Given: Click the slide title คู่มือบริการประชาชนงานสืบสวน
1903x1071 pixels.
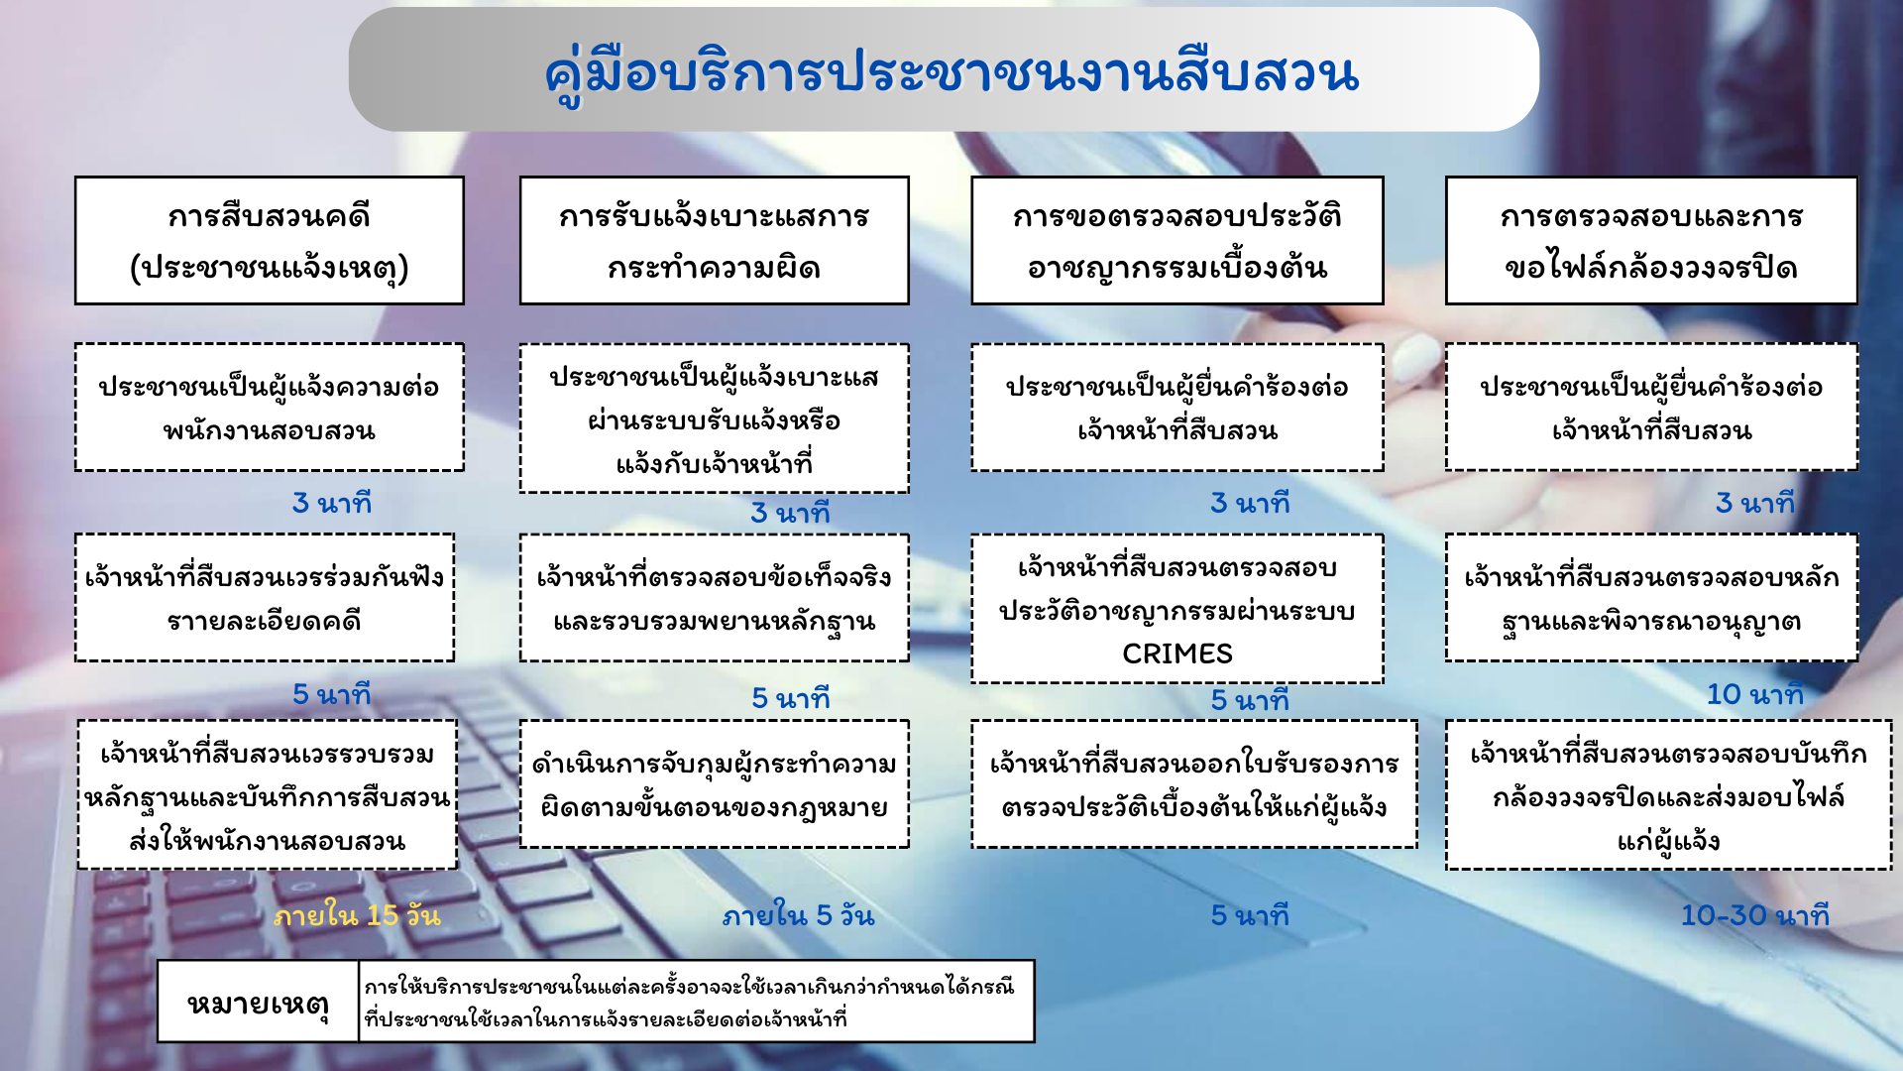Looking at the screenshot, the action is coord(951,72).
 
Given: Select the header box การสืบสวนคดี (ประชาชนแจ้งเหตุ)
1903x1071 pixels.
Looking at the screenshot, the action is coord(270,241).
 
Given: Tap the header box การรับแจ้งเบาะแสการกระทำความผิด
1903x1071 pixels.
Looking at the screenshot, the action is coord(714,241).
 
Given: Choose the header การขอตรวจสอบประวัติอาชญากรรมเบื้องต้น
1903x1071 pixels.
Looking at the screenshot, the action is coord(1177,241).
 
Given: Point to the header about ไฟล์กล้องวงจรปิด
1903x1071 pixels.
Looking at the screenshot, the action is coord(1651,241).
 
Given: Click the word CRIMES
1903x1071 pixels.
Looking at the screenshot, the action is coord(1177,654).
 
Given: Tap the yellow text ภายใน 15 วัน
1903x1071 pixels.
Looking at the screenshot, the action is coord(357,915).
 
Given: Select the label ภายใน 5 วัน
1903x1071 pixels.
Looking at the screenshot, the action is coord(799,915).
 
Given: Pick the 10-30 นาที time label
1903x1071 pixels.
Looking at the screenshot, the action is coord(1755,915).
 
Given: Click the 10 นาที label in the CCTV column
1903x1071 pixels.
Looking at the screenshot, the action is coord(1755,694).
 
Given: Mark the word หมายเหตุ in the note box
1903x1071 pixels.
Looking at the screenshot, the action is coord(259,1004).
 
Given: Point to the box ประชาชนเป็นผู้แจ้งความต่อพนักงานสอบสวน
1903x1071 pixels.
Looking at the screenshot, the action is coord(270,408).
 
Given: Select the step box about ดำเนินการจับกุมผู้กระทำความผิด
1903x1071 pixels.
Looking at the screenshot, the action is coord(714,784).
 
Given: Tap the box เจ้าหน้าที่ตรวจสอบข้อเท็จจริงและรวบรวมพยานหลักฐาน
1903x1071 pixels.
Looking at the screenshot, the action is coord(714,598).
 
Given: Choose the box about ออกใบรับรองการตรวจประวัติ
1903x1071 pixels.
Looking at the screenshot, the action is coord(1194,784).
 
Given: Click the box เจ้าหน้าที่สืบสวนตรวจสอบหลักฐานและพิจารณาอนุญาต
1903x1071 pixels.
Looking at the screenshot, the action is coord(1651,598).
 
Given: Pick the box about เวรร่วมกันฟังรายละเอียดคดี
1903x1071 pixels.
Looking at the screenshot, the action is coord(265,598).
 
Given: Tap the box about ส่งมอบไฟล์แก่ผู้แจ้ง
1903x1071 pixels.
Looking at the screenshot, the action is coord(1669,795).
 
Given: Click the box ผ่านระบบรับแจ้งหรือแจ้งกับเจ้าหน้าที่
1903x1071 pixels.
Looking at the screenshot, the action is coord(714,418).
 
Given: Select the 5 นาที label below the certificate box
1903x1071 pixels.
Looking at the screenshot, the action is coord(1250,915).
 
